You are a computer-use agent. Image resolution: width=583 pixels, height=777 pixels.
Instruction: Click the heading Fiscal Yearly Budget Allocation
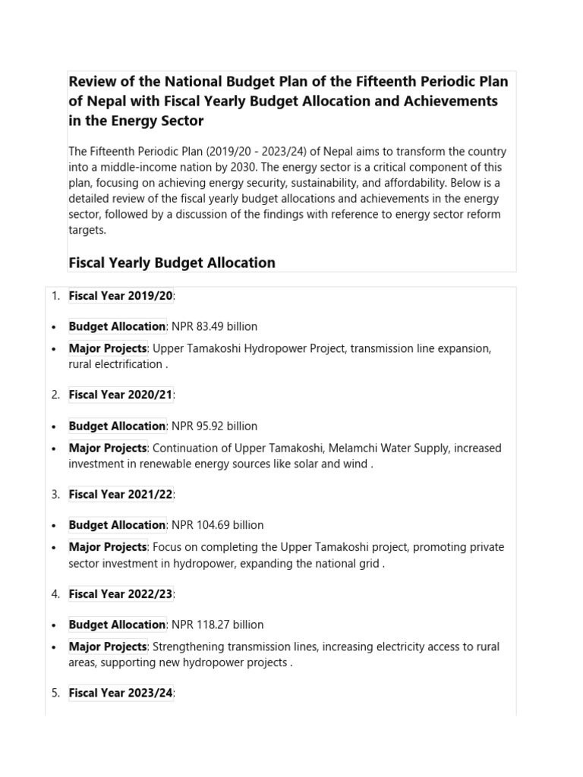172,263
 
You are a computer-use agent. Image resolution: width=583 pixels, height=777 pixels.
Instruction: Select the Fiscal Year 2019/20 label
121,295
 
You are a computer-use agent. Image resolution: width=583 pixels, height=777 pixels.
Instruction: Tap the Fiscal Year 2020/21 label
121,395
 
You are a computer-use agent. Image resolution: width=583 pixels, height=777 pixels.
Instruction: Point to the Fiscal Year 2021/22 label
121,494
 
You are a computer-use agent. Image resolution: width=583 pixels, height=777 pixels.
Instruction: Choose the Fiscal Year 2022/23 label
121,593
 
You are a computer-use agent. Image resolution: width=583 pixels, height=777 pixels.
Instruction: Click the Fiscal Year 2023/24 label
121,693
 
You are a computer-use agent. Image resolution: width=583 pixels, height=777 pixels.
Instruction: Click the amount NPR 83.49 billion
215,326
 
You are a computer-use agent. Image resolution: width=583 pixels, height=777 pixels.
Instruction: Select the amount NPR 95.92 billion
215,426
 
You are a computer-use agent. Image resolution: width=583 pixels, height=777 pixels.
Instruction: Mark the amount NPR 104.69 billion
218,524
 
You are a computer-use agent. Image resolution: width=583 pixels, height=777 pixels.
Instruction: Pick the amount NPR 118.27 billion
218,624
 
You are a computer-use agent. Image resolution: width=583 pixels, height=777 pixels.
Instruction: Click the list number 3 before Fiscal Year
55,494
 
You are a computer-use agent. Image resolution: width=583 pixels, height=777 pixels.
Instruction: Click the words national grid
346,563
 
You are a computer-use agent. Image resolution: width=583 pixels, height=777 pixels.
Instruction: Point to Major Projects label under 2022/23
108,646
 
